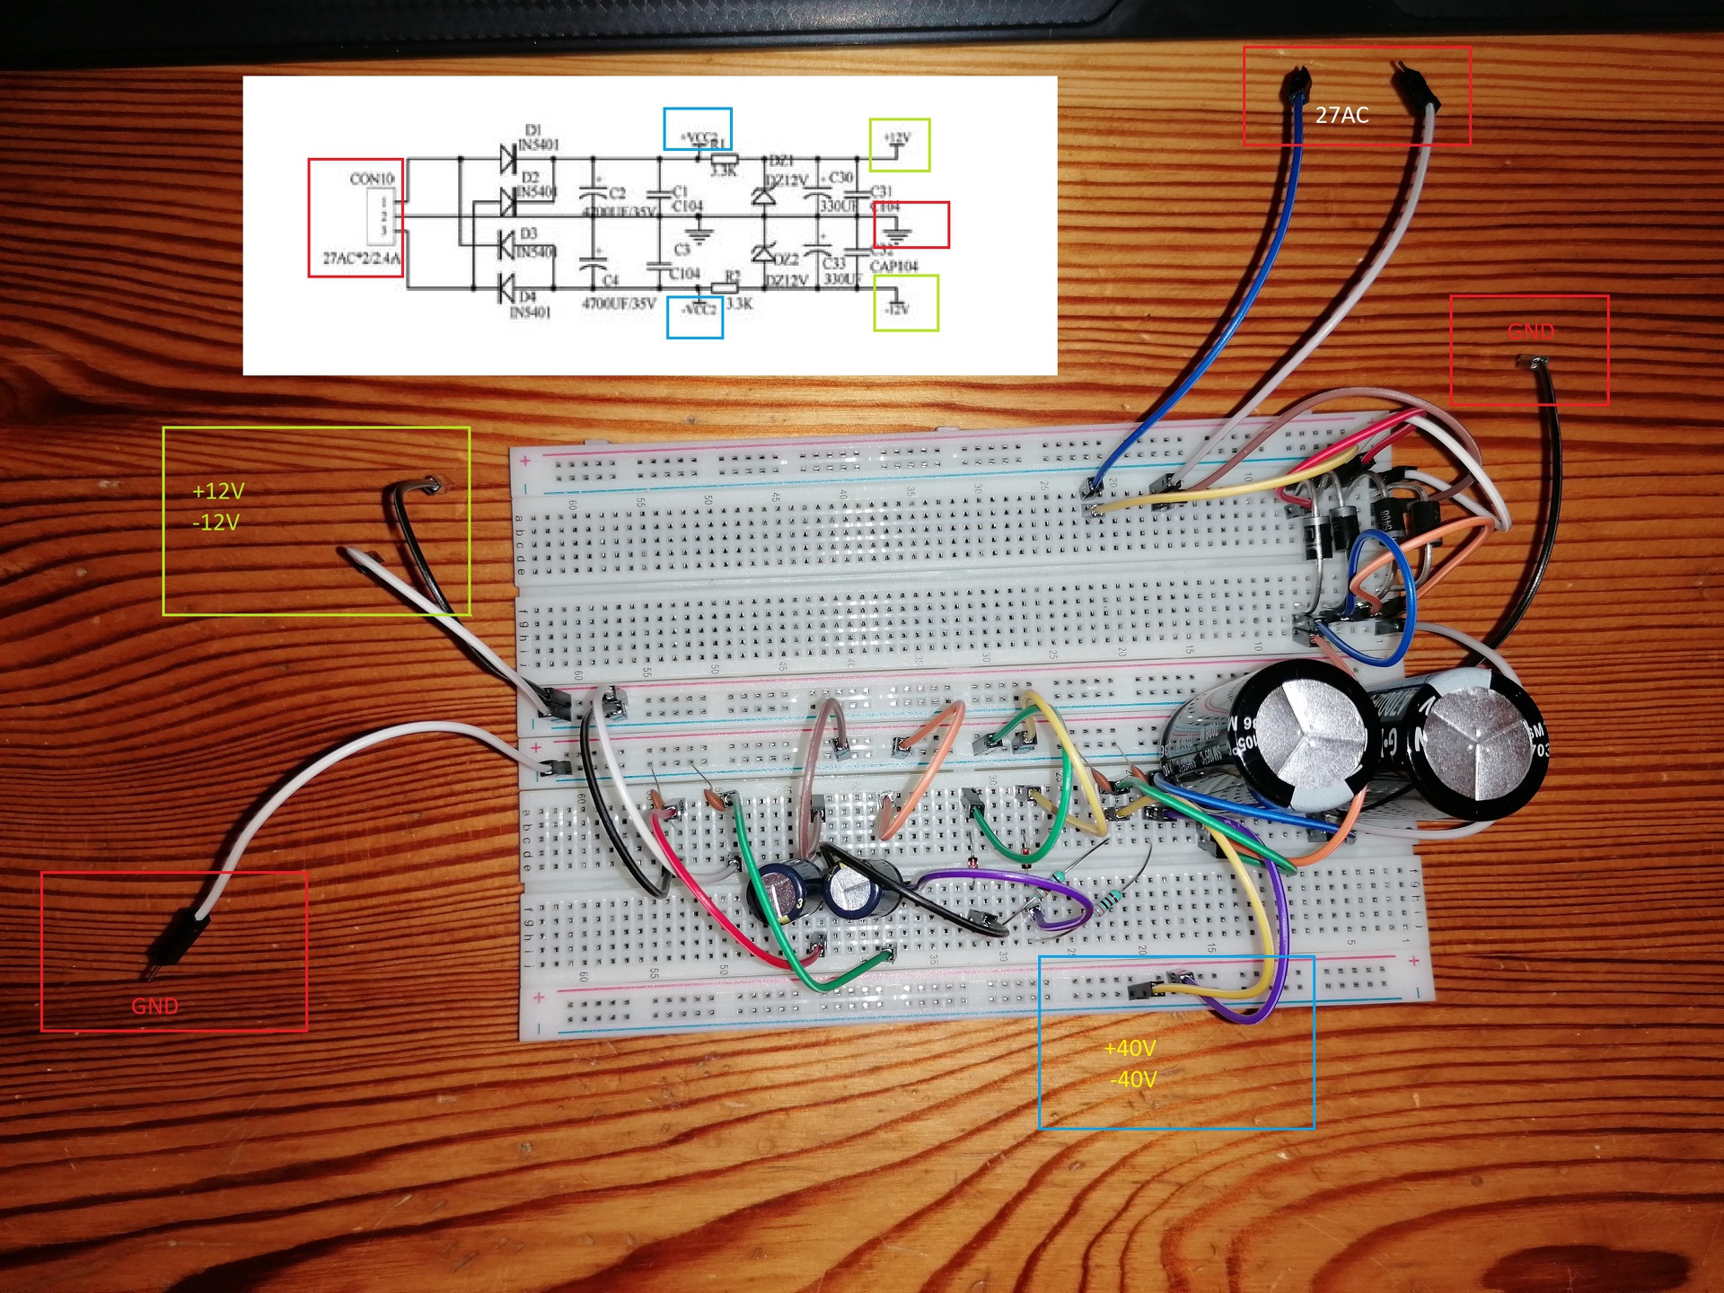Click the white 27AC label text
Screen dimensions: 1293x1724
[x=1341, y=115]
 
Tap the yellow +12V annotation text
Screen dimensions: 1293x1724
[x=218, y=491]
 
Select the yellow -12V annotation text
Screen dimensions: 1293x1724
[x=215, y=523]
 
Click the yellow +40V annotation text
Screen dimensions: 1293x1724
[x=1130, y=1048]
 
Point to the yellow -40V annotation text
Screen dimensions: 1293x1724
[x=1133, y=1079]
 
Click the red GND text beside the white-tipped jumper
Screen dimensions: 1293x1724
[x=154, y=1006]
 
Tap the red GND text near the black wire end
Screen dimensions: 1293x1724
[x=1531, y=330]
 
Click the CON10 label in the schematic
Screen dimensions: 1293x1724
[x=372, y=179]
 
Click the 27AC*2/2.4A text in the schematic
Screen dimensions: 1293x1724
[x=362, y=259]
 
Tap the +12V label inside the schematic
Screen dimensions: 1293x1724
[x=897, y=138]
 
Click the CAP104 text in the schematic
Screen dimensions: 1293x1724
[x=893, y=267]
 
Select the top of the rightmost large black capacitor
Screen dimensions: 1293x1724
[x=1472, y=744]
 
